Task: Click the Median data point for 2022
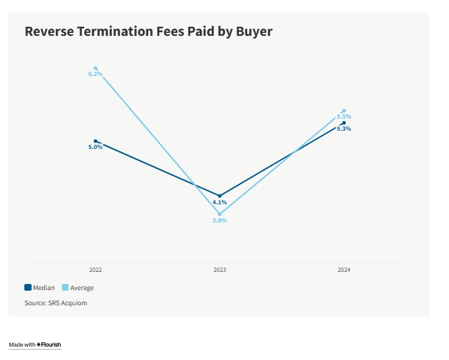(95, 141)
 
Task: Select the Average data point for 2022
(95, 68)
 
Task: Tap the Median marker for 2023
(220, 196)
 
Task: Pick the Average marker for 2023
(220, 214)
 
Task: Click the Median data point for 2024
(344, 123)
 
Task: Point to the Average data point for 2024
(344, 111)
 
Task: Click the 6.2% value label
(95, 74)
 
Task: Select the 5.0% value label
(95, 147)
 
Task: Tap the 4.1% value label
(220, 202)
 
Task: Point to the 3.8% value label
(220, 221)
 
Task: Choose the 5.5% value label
(344, 116)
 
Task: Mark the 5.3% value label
(344, 129)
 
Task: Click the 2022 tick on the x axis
(95, 269)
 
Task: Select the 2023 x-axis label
(220, 269)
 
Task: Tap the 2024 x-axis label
(344, 269)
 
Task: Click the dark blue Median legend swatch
(28, 288)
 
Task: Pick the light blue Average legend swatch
(66, 288)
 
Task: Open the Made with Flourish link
(35, 345)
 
